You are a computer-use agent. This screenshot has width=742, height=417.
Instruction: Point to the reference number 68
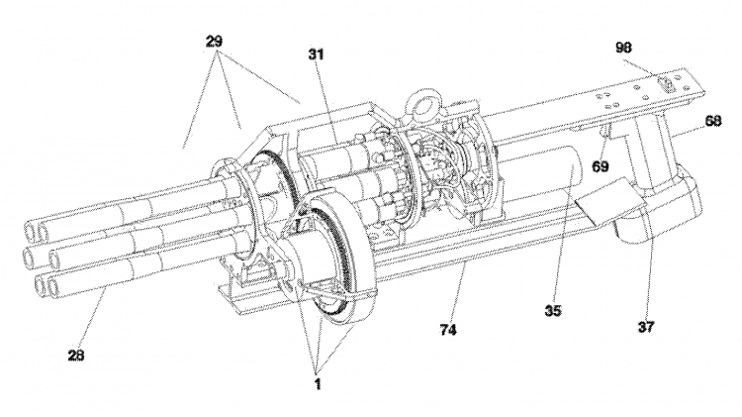pyautogui.click(x=712, y=122)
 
